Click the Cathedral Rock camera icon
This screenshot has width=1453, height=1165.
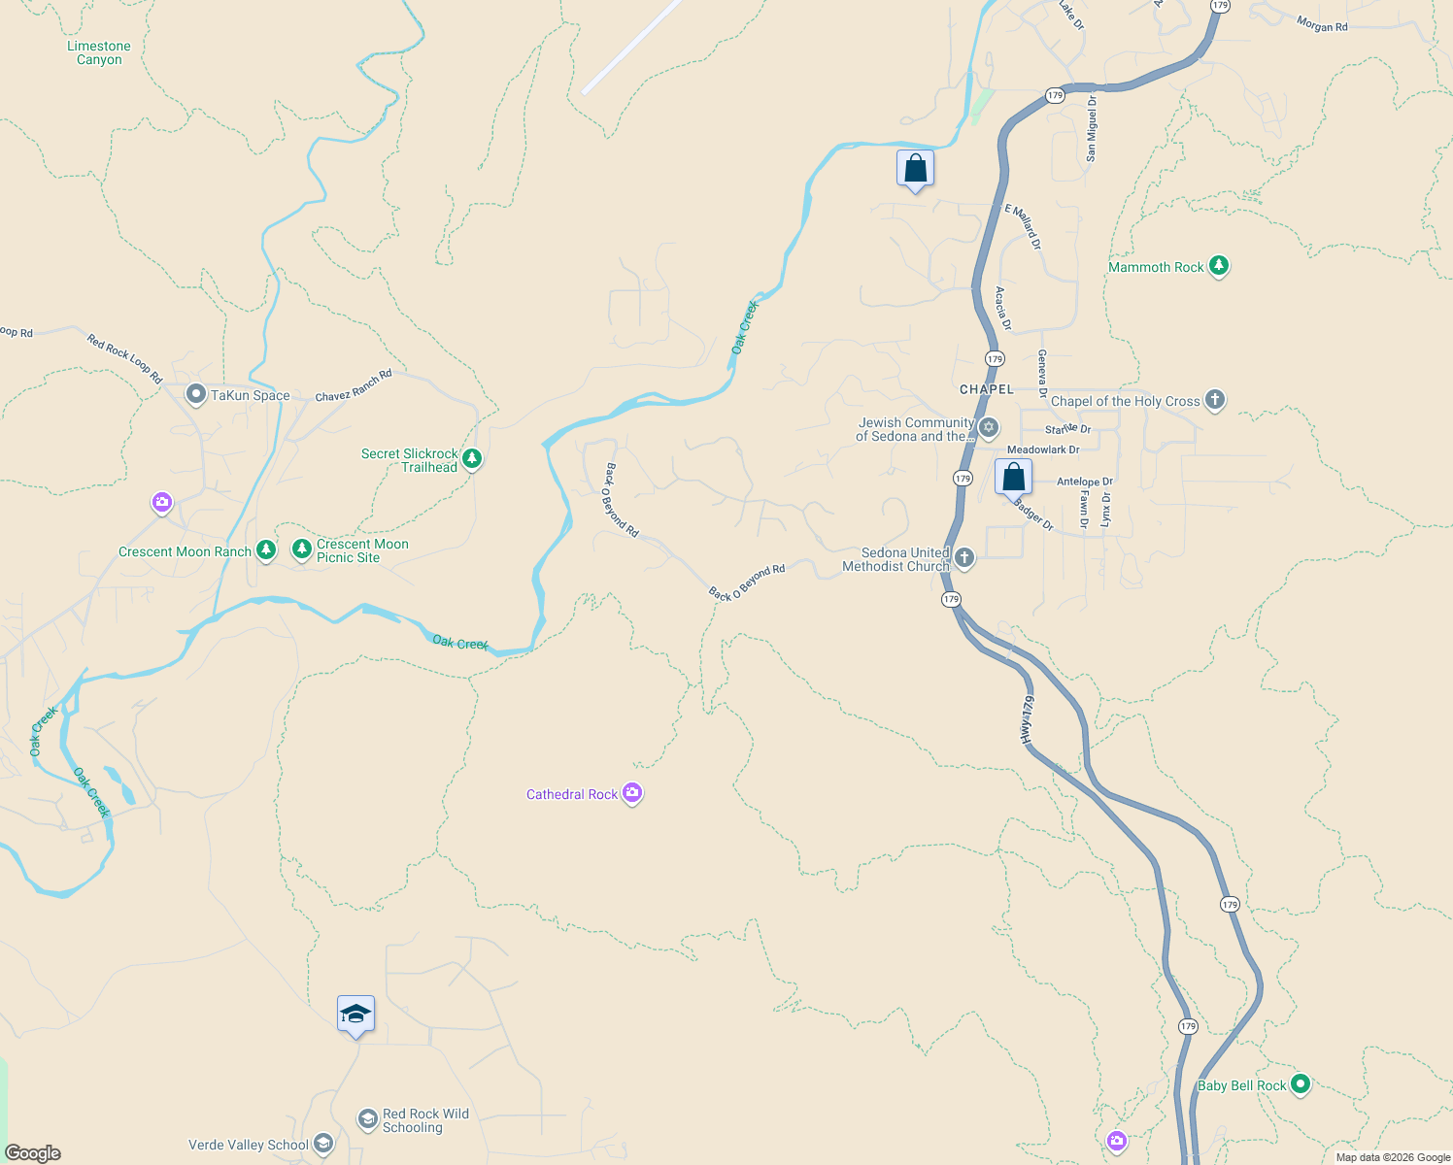[632, 794]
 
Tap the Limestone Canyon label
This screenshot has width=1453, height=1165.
[99, 52]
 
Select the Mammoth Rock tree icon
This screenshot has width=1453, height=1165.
[1218, 266]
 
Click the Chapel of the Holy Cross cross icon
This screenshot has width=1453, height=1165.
[1214, 400]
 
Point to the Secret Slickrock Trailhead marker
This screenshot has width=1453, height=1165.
[472, 458]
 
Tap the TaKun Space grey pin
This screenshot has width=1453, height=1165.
[196, 394]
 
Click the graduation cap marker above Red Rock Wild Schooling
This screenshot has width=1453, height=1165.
[355, 1015]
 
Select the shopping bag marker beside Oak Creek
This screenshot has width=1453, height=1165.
[915, 169]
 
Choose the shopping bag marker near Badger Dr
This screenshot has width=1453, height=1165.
[1013, 478]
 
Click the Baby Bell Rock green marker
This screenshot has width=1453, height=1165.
[1301, 1084]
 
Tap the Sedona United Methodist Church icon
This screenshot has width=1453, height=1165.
[963, 557]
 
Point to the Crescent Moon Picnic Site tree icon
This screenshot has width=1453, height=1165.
[302, 550]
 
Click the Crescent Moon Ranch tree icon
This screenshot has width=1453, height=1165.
[265, 550]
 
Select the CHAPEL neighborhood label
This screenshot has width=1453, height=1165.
[987, 389]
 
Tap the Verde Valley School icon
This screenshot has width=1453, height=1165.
[323, 1144]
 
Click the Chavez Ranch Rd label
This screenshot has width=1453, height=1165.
[354, 385]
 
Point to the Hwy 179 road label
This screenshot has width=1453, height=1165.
[1027, 719]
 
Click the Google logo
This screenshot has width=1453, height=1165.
[33, 1153]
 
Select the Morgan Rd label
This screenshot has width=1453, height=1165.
[1322, 24]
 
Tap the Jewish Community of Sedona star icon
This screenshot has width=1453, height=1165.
[989, 427]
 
